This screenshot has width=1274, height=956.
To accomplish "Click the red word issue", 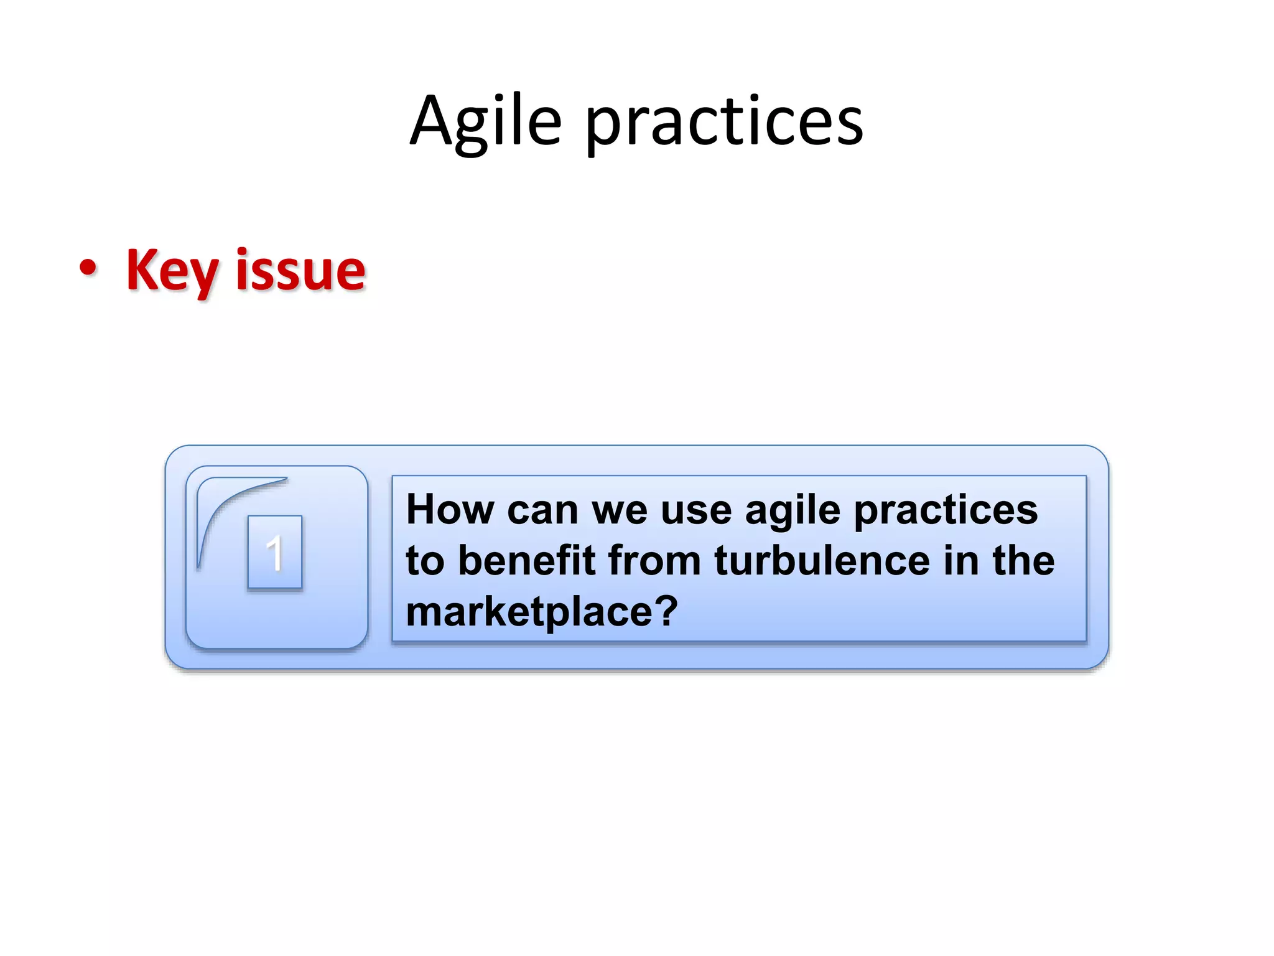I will click(x=300, y=271).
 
